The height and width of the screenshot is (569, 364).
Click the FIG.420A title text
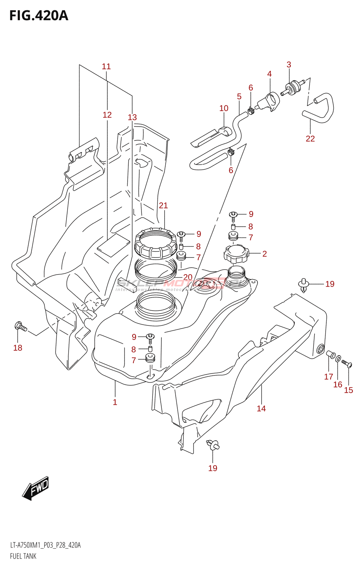[x=38, y=16]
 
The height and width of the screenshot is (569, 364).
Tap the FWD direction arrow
[x=36, y=488]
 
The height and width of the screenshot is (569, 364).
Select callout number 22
[x=310, y=139]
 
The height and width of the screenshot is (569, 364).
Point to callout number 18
[x=18, y=348]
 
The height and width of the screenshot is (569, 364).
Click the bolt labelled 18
[x=21, y=326]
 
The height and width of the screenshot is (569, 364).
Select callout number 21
[x=163, y=206]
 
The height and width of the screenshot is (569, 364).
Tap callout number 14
[x=261, y=409]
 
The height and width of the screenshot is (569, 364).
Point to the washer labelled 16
[x=338, y=358]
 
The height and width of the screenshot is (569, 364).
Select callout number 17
[x=328, y=377]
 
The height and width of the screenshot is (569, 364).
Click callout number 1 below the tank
[x=115, y=402]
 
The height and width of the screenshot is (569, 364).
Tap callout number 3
[x=289, y=65]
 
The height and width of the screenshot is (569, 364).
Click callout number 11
[x=106, y=67]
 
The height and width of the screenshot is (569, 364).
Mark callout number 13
[x=132, y=117]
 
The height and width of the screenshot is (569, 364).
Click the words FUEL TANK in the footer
[x=23, y=556]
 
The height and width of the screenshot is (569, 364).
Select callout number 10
[x=224, y=108]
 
